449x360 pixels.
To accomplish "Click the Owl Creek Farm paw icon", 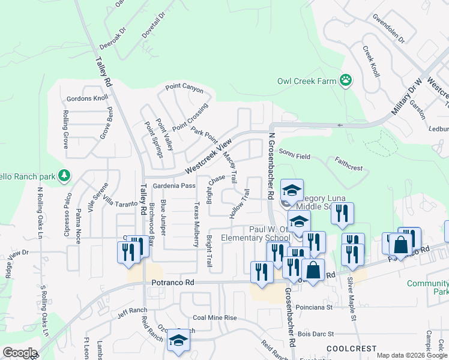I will (346, 80).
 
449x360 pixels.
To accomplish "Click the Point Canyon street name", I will (185, 91).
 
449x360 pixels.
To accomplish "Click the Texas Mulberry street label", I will (196, 224).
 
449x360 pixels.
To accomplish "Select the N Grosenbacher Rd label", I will (271, 166).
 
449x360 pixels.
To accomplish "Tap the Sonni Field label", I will (294, 156).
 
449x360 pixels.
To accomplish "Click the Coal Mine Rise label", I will (214, 317).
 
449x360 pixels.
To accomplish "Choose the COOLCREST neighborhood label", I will (352, 349).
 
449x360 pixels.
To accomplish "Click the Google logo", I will (20, 353).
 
